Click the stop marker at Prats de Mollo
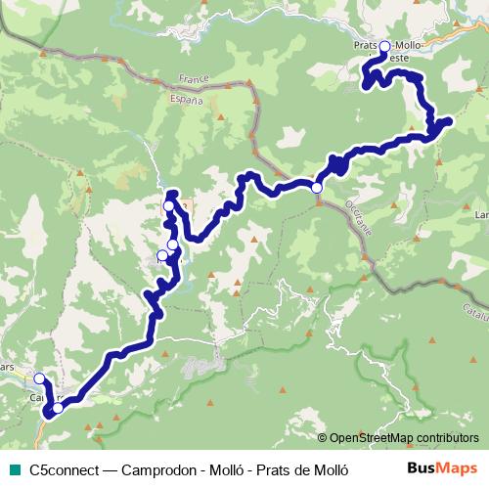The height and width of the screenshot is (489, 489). [x=384, y=47]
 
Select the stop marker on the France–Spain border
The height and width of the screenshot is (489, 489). [x=317, y=187]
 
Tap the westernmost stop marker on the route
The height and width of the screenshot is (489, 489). [x=39, y=378]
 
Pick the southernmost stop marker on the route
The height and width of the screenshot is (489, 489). [x=58, y=408]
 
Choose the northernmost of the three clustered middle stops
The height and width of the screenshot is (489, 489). [x=169, y=206]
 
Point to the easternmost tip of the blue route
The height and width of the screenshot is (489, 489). [x=448, y=121]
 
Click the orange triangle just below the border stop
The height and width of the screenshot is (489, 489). [x=318, y=202]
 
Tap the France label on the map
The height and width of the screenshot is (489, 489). [x=195, y=78]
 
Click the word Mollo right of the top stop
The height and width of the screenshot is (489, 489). [x=410, y=46]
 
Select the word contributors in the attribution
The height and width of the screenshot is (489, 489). [x=448, y=438]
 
